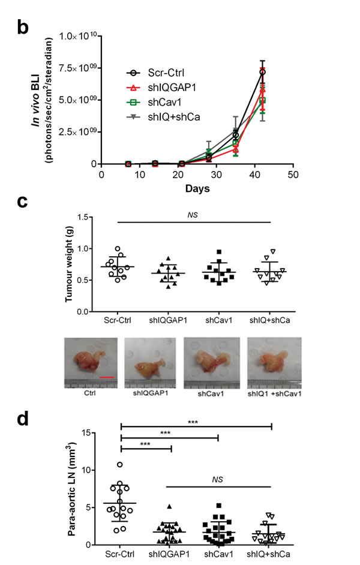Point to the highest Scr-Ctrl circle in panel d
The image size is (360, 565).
point(120,464)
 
